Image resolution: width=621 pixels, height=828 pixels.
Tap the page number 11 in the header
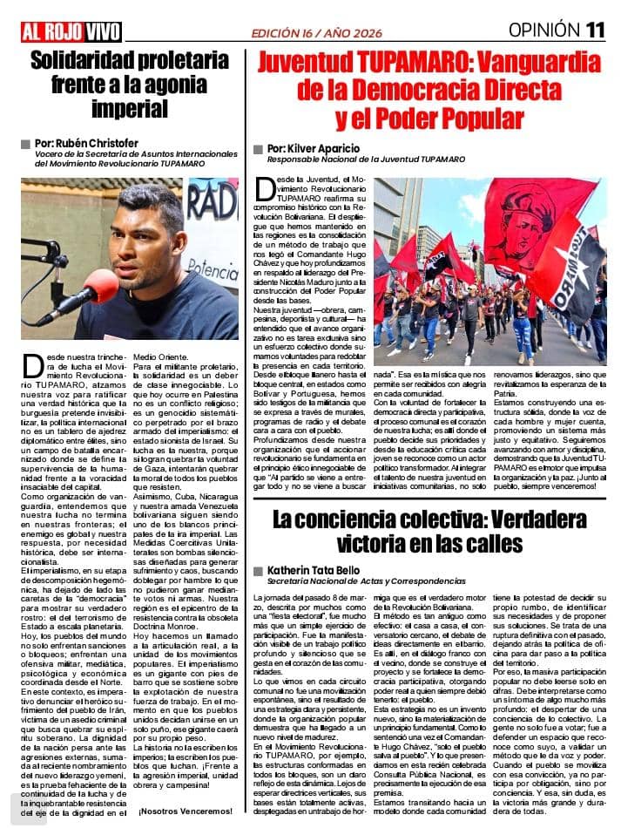click(x=595, y=30)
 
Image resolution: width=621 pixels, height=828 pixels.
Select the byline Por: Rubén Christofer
click(x=86, y=143)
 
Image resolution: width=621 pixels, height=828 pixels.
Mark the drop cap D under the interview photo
click(x=31, y=364)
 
